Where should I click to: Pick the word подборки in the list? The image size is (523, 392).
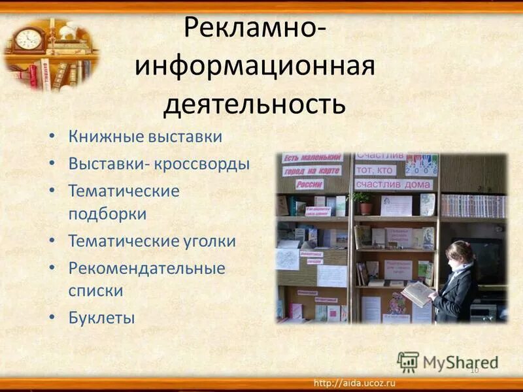click(107, 214)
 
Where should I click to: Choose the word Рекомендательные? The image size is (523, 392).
click(146, 268)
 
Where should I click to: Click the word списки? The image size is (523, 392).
click(95, 289)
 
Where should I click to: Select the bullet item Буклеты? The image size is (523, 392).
click(101, 318)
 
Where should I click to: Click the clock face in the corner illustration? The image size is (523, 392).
click(29, 39)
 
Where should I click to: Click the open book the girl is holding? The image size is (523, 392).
click(417, 293)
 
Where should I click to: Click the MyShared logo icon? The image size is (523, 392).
click(408, 361)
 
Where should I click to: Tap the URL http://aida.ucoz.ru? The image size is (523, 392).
click(356, 382)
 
